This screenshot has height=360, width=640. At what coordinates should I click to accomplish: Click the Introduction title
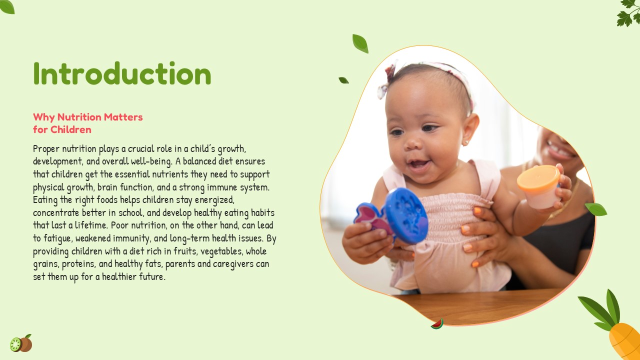[122, 73]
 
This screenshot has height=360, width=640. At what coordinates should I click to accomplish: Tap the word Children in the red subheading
[71, 129]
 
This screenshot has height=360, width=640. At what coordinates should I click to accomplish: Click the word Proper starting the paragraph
[46, 149]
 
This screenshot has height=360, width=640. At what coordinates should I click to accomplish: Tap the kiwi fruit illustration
[21, 343]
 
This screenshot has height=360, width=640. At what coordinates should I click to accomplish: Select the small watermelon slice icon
[437, 324]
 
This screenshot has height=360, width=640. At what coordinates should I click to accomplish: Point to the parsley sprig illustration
[628, 13]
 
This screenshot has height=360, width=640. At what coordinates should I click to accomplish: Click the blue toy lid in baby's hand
[406, 215]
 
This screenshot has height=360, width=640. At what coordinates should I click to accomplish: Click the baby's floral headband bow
[387, 80]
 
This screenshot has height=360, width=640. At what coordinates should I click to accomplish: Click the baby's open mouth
[419, 164]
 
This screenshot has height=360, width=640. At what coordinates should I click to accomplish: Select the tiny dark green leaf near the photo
[343, 80]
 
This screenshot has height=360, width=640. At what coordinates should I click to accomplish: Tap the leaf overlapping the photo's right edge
[596, 209]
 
